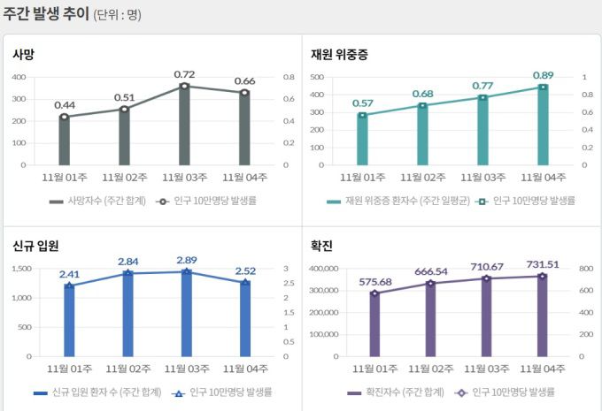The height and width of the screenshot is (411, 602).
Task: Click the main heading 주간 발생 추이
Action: click(45, 13)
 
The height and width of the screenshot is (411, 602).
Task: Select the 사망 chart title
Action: click(23, 55)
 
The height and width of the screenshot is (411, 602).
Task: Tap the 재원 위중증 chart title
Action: click(339, 55)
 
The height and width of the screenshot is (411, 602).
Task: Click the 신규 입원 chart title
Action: click(35, 246)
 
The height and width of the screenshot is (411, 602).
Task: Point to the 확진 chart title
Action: click(321, 246)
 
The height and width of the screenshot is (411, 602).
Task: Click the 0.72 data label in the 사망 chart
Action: click(184, 74)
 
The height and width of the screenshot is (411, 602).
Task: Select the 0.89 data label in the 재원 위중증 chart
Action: click(544, 75)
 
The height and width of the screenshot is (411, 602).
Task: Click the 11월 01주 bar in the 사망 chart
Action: click(64, 141)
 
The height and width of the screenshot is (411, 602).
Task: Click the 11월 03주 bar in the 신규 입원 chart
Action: click(185, 314)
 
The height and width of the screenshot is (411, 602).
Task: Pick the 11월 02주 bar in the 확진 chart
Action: click(429, 320)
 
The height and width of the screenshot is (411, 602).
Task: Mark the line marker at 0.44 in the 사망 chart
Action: click(64, 117)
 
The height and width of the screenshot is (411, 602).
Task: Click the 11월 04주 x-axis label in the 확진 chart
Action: click(543, 369)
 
